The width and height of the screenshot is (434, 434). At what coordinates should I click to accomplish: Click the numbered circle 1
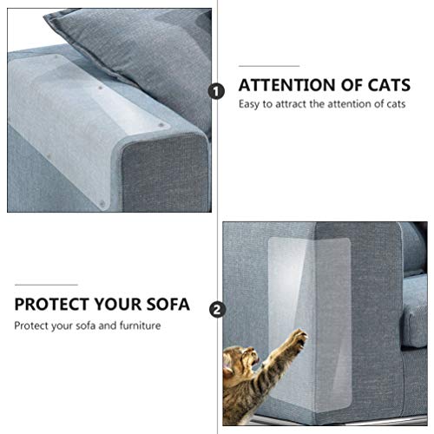point(216,89)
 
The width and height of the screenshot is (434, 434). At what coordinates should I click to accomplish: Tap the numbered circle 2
point(216,307)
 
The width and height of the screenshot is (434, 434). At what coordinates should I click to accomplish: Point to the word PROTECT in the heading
point(51,306)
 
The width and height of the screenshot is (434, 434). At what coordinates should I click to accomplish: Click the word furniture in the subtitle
point(137,326)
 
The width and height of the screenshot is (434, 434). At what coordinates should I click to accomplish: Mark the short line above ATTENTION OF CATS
point(268,65)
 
